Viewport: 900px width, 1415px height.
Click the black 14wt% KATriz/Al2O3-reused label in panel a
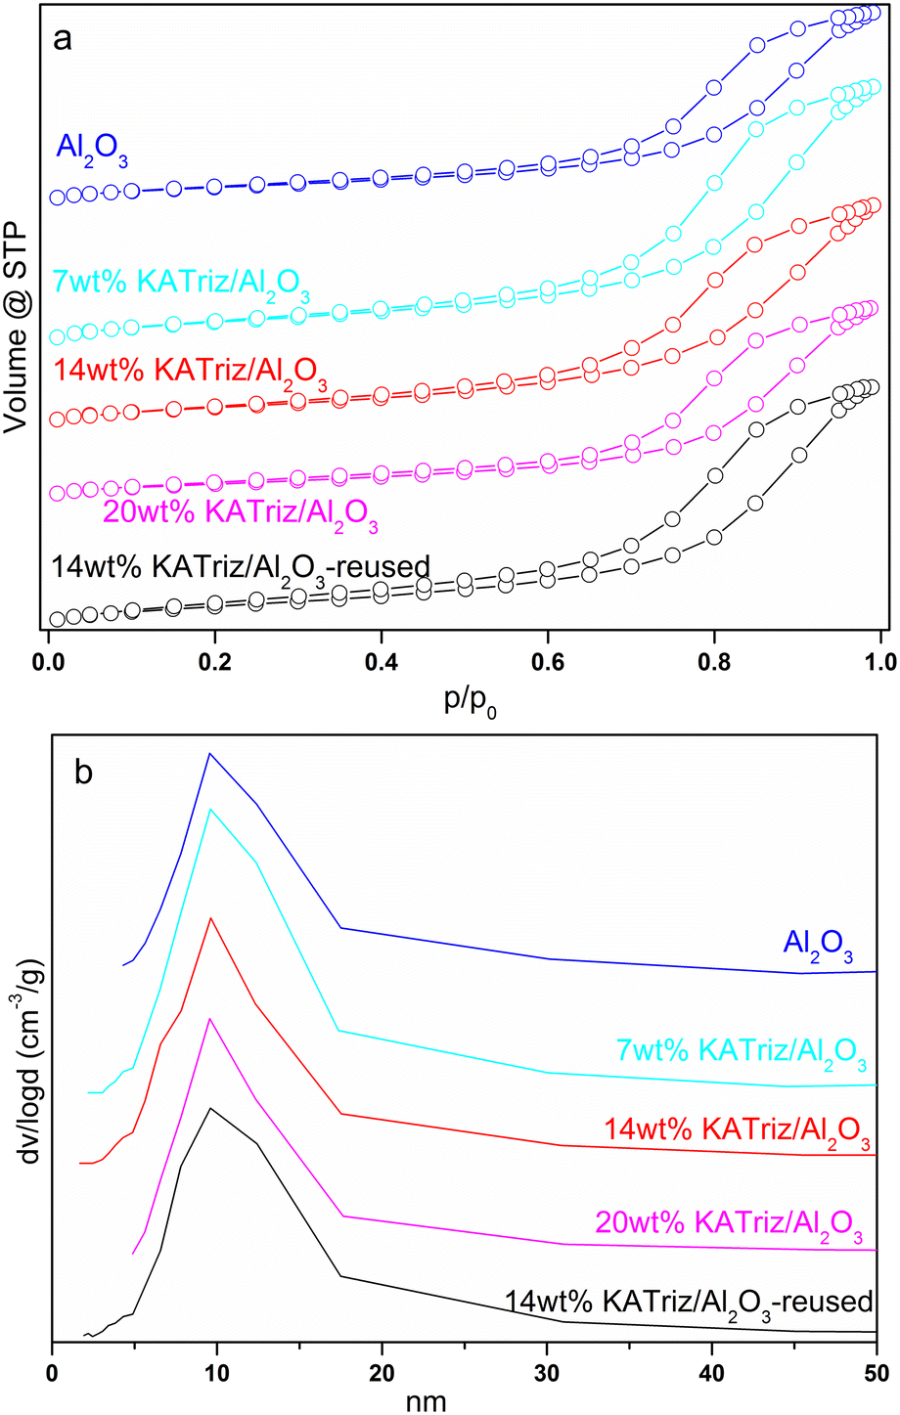(x=239, y=566)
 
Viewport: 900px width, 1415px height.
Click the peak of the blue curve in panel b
(x=208, y=753)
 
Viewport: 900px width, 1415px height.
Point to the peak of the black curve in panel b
(x=208, y=1108)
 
